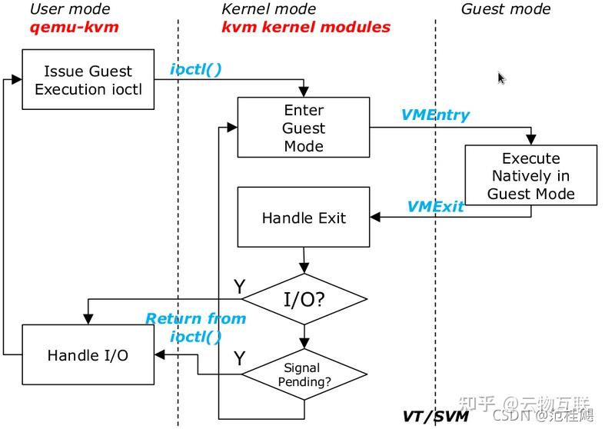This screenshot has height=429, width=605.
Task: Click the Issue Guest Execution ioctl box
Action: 87,80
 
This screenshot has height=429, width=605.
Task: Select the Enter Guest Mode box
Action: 304,128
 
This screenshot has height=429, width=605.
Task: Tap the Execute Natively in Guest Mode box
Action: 530,176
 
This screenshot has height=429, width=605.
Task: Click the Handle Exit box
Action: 304,218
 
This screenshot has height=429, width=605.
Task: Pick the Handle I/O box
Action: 88,354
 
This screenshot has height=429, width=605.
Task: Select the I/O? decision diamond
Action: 304,299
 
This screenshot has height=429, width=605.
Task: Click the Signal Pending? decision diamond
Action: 304,374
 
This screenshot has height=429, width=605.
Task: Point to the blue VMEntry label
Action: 435,115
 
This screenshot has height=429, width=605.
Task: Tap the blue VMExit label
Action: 435,206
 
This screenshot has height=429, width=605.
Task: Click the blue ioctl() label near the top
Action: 195,69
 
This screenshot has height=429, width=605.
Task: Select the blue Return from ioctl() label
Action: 195,327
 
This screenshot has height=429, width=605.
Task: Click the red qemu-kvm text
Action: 65,28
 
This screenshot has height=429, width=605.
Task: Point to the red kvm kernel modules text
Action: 305,28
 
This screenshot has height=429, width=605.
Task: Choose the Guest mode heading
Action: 505,9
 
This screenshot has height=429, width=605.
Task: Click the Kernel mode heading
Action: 268,9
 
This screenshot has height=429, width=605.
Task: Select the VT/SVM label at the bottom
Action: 436,416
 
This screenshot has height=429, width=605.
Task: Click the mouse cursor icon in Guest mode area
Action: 501,78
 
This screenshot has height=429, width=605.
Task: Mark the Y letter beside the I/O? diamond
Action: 239,287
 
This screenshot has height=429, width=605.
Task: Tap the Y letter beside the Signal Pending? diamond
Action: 239,358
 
